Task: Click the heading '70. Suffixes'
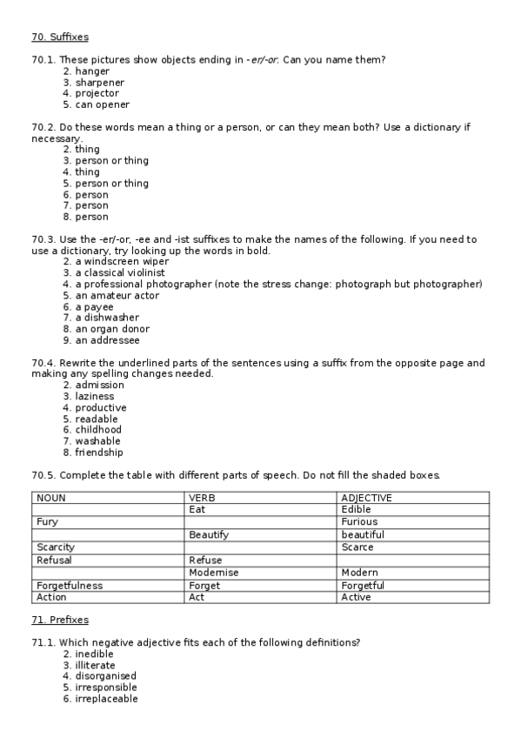(59, 37)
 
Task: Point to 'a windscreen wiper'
(122, 261)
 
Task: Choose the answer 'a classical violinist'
(124, 272)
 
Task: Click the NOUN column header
(51, 498)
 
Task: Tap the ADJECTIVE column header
(367, 498)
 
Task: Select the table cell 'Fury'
(47, 522)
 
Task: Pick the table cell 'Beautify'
(209, 535)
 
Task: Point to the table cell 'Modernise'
(213, 573)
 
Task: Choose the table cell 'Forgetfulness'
(70, 586)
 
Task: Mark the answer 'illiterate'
(95, 665)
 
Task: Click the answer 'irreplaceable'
(106, 699)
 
